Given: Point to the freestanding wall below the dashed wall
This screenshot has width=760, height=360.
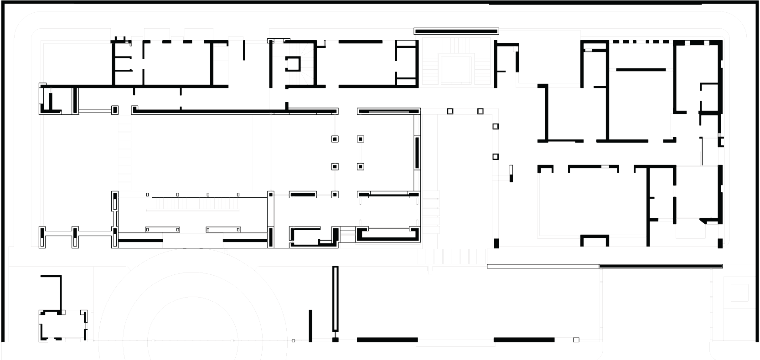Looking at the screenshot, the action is coord(641,70).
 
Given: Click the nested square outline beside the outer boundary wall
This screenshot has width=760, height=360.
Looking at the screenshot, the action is coord(739,292).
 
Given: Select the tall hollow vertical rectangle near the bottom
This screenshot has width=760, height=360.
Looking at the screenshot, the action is coord(336,299).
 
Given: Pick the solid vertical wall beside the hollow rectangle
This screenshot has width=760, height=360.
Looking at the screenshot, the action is coord(310,325).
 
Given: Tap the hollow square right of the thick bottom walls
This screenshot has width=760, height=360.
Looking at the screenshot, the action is coord(576,339).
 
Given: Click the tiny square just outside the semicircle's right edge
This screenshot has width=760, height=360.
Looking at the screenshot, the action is coord(294,341).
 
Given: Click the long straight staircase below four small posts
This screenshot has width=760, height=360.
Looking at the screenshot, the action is coord(192,203).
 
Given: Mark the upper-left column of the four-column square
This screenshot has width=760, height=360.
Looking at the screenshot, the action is coord(335,139).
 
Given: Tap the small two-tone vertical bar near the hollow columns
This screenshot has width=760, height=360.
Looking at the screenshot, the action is coord(511,173).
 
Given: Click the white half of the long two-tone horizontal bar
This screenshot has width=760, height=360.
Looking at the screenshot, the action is coord(543,266).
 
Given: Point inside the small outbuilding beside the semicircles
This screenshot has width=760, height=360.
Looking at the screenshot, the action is coord(62,326).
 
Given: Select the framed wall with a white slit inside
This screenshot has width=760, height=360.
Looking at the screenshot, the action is coord(388,111).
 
